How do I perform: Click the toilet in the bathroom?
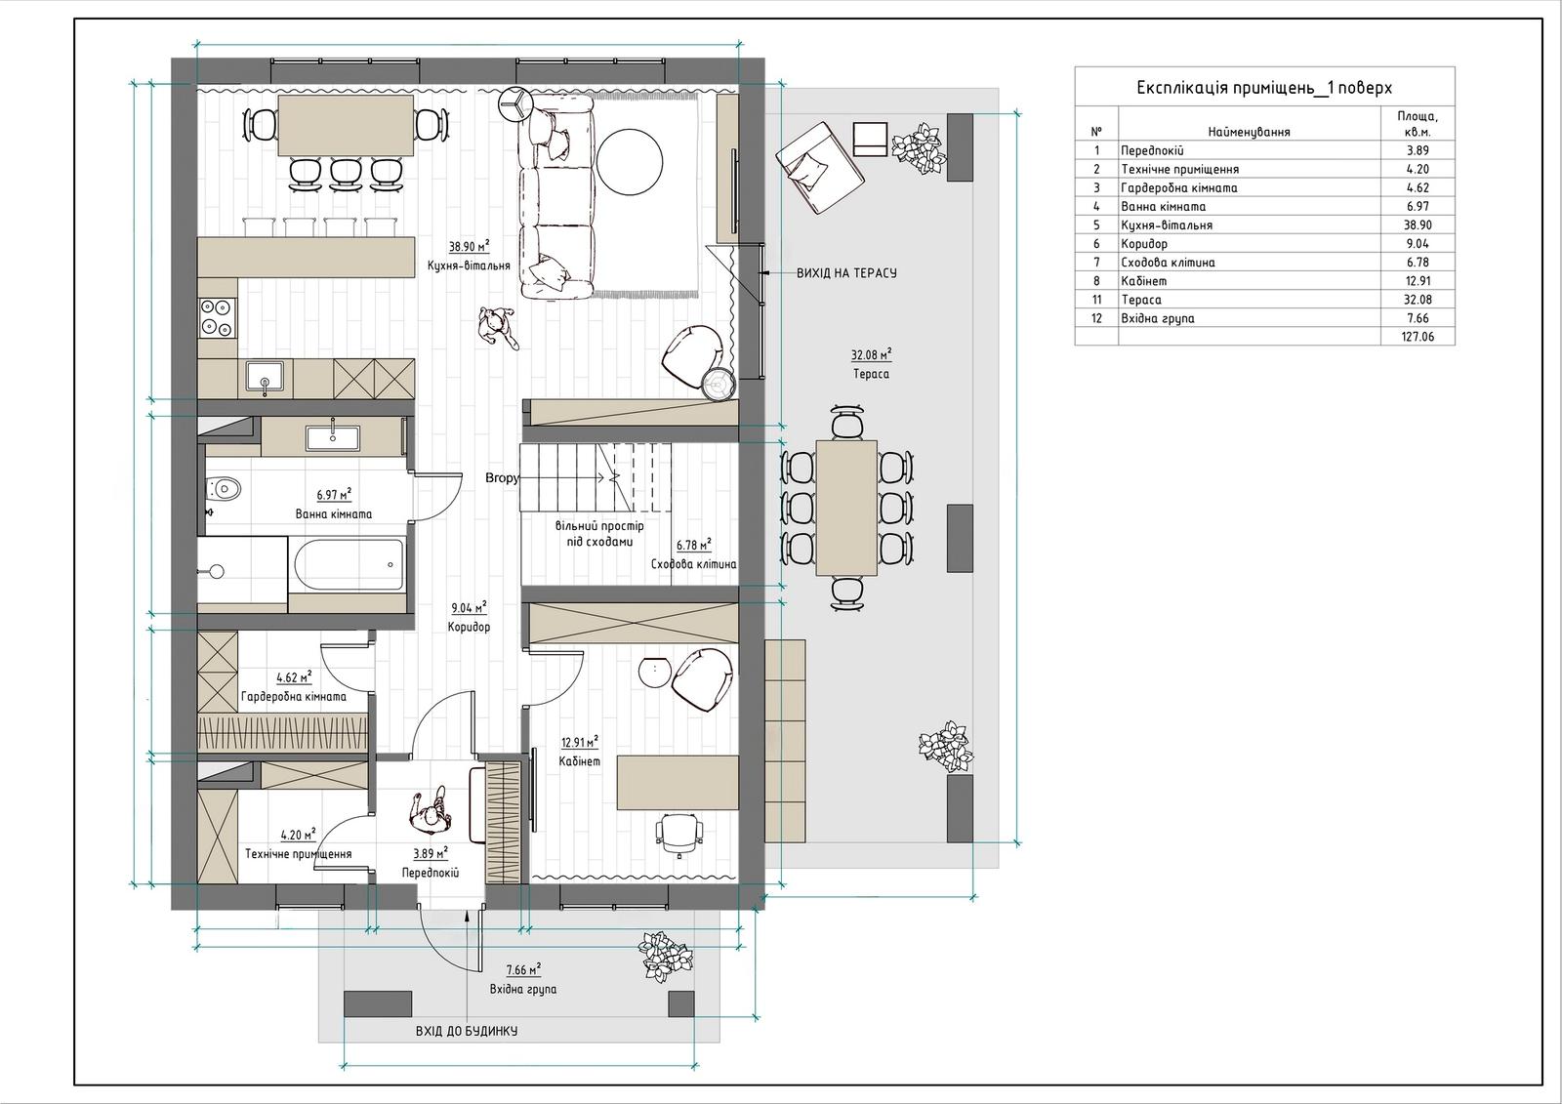(x=224, y=487)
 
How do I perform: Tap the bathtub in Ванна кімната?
(x=349, y=565)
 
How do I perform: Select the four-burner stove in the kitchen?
(x=217, y=318)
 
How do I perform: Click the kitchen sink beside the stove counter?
(x=265, y=378)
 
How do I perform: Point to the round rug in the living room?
(x=629, y=161)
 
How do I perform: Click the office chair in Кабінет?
(x=678, y=834)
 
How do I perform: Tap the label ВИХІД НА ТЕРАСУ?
(x=846, y=273)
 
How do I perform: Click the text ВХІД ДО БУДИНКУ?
(x=467, y=1031)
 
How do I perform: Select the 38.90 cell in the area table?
(x=1418, y=225)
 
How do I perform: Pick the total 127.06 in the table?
(x=1418, y=337)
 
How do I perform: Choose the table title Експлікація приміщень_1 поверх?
(x=1264, y=88)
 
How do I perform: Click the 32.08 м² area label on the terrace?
(x=871, y=354)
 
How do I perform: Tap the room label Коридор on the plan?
(x=469, y=627)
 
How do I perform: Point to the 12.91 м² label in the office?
(x=580, y=742)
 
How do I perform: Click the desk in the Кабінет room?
(x=678, y=783)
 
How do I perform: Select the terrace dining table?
(x=846, y=508)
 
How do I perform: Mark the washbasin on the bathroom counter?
(x=333, y=438)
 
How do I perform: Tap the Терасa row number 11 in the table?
(x=1096, y=300)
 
